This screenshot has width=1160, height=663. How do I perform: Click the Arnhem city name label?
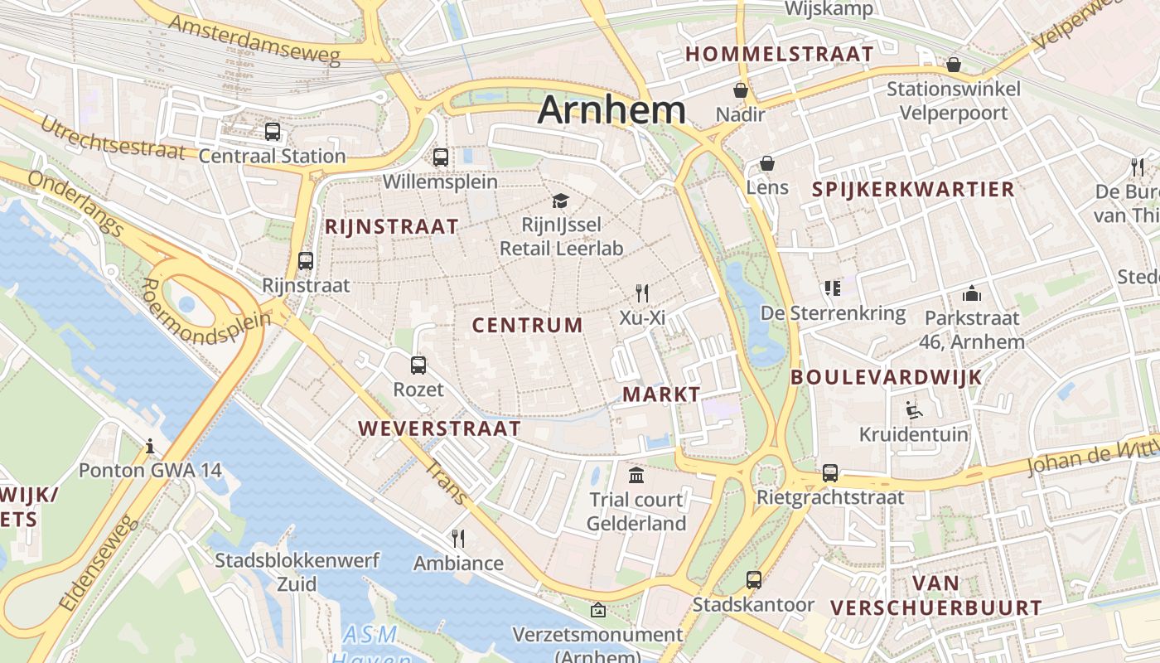611,110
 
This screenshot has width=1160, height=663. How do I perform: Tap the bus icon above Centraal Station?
273,131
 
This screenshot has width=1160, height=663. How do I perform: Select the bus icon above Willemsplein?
441,157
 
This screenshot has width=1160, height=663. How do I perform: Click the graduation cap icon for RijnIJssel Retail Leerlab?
561,201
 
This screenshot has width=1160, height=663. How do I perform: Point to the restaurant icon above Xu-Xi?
642,293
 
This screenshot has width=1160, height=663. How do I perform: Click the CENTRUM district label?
528,325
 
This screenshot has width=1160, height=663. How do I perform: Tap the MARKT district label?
661,394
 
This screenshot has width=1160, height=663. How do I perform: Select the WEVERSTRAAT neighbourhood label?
439,428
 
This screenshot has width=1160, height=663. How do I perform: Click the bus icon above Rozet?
418,365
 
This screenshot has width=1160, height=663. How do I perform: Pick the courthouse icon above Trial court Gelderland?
636,475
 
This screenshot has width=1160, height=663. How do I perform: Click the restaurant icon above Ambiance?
458,539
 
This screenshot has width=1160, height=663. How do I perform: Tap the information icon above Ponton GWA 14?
150,446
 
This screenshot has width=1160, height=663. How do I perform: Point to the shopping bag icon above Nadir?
740,90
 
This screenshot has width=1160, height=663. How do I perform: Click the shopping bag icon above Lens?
767,163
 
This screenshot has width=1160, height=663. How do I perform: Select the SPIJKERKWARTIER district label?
913,189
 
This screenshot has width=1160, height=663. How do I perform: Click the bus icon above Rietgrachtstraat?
830,472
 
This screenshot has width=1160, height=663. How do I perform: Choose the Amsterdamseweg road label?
255,39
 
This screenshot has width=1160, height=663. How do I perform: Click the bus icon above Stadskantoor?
753,579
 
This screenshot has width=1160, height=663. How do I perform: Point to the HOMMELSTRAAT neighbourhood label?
780,55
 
